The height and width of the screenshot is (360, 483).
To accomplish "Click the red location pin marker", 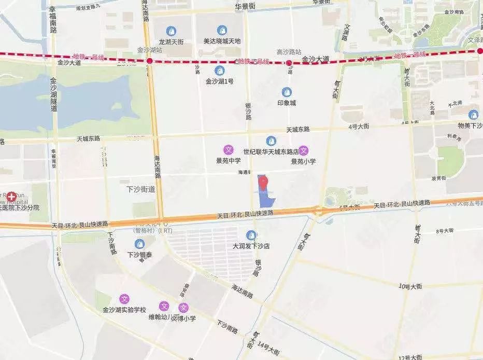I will point(264,183).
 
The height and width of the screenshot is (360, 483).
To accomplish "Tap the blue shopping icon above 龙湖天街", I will point(170,31).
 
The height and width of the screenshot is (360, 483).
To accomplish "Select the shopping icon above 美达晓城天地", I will point(222,30).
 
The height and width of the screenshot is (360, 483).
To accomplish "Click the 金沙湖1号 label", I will point(219,81).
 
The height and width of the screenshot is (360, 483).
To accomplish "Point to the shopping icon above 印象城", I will point(286,92).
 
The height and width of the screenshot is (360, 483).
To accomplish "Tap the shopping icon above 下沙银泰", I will point(139,244).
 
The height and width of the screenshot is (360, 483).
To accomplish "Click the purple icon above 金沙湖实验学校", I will point(124,299).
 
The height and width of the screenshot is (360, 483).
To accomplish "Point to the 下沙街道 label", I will point(140,189).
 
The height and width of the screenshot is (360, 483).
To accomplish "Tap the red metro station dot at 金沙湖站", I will point(149,61).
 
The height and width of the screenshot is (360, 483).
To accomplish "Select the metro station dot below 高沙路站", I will point(289,63).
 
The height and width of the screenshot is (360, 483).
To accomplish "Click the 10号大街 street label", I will point(411,285).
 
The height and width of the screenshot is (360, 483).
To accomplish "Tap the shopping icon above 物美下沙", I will point(473,115).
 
